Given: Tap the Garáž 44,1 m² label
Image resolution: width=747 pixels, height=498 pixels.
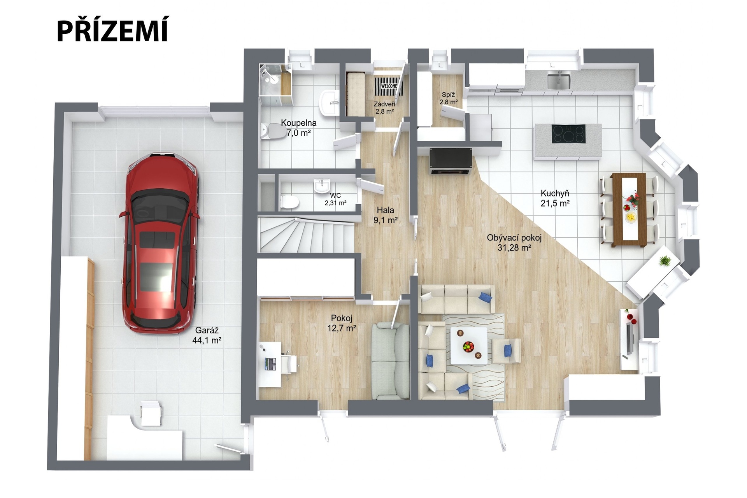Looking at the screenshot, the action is pos(207,335).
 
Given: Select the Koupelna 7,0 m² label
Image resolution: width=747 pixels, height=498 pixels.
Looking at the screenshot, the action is pos(299,128).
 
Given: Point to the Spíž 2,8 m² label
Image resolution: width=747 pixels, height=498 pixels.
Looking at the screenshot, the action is pos(449,98).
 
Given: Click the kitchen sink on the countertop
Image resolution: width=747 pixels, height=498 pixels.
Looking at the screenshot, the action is pos(559,81).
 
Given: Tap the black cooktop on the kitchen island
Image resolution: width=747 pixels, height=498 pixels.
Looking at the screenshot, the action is pos(568,134).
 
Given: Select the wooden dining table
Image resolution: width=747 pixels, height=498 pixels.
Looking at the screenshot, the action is pos(628,210).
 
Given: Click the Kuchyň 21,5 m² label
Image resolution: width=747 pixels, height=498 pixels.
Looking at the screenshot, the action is pos(555,198).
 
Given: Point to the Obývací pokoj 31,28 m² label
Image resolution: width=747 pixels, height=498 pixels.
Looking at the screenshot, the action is pos(514,242).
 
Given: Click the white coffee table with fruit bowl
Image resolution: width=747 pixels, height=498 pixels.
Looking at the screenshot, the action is pos(469,345).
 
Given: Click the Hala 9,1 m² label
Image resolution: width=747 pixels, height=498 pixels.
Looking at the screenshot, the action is pos(386,216).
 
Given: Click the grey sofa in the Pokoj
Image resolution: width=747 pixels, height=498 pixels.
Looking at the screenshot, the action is pos(390,361).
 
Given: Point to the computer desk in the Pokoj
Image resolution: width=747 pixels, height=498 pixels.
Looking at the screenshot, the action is pos(270,364).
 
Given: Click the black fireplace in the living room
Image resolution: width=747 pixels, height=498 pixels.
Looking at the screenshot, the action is pos(451,161).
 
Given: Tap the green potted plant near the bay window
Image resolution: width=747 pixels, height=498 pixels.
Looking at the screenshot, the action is pos(665,260).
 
